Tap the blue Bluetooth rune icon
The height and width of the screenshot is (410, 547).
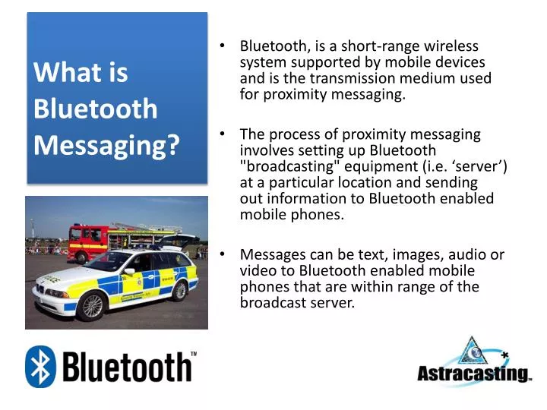[x=40, y=367]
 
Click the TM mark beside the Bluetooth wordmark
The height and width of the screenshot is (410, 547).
[x=193, y=355]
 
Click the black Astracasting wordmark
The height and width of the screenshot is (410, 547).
[x=473, y=374]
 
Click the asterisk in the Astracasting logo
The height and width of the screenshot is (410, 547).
[x=504, y=353]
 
